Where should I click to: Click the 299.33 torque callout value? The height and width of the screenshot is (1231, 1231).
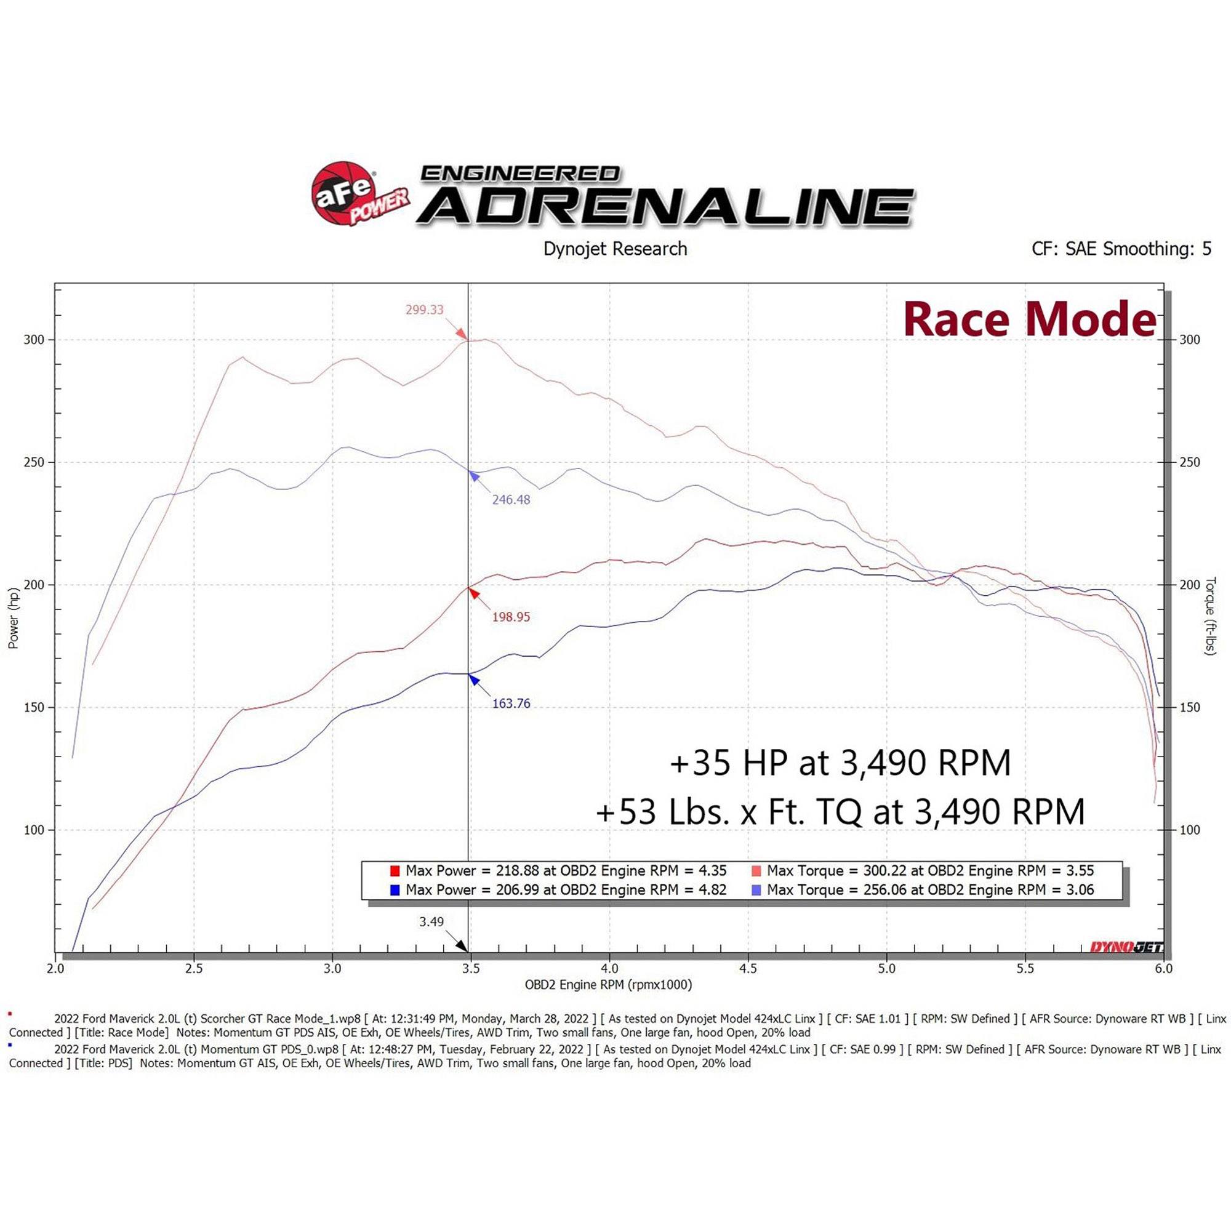click(424, 310)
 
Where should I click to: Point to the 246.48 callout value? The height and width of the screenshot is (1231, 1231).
click(510, 500)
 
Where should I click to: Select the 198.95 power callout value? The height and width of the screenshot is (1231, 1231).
click(510, 617)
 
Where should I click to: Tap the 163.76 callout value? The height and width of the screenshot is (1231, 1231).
click(510, 704)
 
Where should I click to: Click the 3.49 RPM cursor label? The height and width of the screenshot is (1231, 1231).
click(431, 922)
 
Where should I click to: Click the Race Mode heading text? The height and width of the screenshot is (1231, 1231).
click(1029, 320)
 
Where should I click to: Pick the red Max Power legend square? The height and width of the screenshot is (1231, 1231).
click(395, 871)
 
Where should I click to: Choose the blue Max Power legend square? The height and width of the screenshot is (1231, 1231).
click(395, 890)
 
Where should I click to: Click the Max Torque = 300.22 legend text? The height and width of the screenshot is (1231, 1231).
click(930, 871)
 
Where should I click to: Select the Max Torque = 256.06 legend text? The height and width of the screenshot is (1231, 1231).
click(930, 890)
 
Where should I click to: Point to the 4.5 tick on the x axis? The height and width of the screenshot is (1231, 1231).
click(748, 969)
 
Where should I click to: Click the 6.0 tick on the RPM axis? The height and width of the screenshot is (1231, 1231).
click(1163, 969)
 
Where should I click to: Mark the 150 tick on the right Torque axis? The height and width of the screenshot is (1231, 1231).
click(1190, 708)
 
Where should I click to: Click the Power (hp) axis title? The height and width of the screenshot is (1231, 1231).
click(14, 619)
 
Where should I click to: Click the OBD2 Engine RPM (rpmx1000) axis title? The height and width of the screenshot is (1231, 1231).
click(608, 985)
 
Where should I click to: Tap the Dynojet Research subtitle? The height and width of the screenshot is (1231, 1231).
click(615, 249)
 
